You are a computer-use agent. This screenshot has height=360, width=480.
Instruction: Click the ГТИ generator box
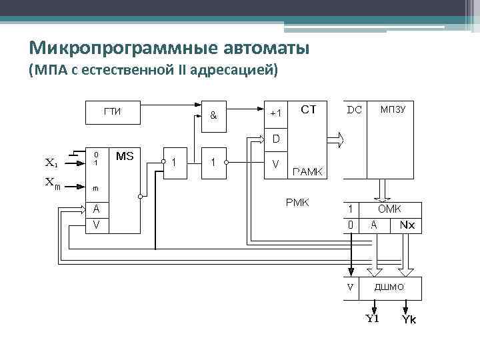(x=113, y=111)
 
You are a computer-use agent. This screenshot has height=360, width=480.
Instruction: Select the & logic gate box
(x=213, y=114)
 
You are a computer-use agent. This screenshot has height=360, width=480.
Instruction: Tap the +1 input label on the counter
(x=276, y=113)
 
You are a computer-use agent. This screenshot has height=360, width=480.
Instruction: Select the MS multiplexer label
(x=125, y=156)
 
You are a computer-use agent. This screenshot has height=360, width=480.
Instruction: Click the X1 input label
(x=51, y=161)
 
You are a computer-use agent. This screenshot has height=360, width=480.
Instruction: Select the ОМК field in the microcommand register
(x=390, y=209)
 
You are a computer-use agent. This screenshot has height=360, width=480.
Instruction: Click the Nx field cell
(x=407, y=225)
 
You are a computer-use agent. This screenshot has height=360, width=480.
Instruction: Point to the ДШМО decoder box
(x=390, y=287)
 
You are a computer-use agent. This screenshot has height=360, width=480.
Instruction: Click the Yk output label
(x=409, y=321)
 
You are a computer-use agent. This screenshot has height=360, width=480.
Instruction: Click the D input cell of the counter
(x=276, y=139)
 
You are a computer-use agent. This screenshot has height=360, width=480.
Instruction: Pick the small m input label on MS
(x=96, y=188)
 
